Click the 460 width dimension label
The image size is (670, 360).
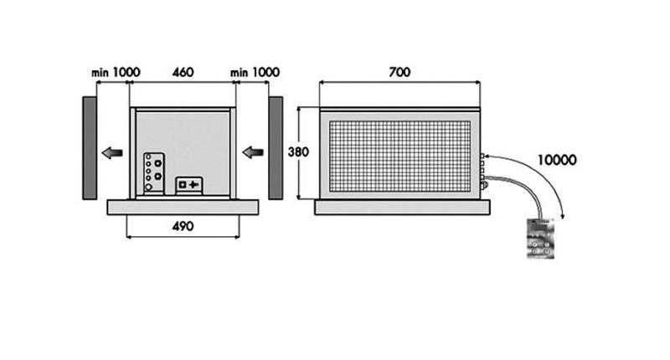coord(183,73)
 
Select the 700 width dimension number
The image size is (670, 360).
coord(399,72)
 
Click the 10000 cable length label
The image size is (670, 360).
coord(557,158)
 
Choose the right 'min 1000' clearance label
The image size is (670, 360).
coord(255,73)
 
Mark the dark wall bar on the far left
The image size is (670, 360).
coord(89,147)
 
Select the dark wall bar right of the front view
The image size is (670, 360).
coord(275,147)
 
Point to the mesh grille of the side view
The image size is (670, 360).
coord(400,154)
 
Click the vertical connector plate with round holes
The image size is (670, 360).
coord(154,172)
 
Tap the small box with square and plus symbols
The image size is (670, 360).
coord(188,184)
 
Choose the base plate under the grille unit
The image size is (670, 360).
coord(400,206)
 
